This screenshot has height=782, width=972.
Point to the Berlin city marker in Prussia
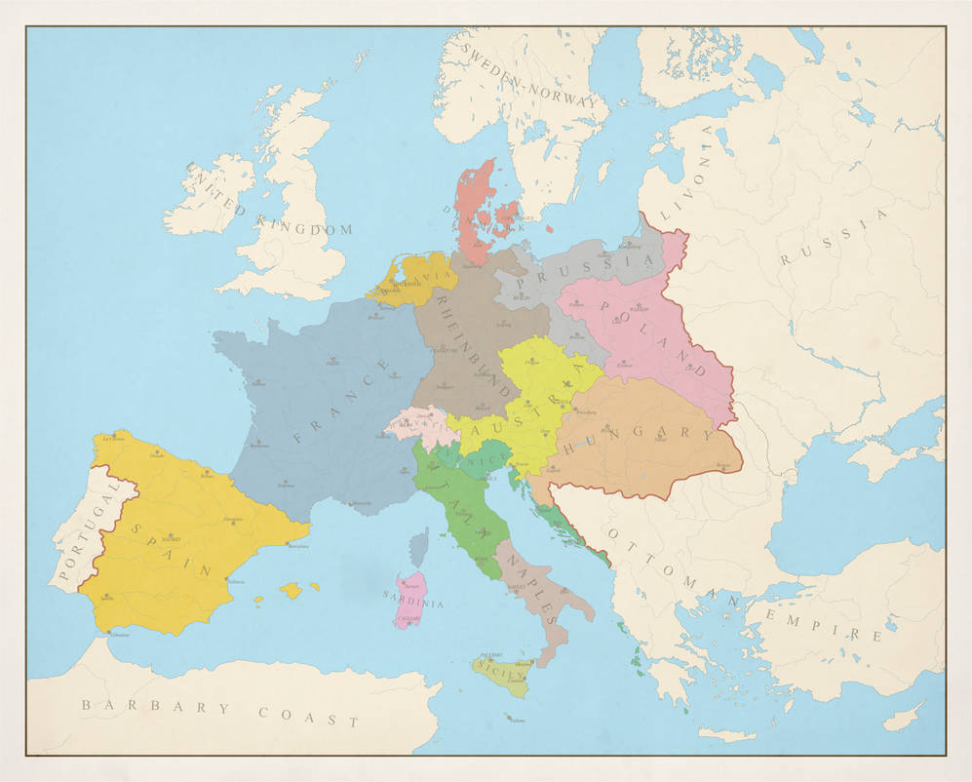tap(523, 291)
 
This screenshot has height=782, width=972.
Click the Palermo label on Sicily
tap(490, 655)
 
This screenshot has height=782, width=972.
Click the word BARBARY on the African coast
tap(146, 705)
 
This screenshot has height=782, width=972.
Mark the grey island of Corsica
tap(419, 549)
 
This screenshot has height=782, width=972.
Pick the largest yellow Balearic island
tap(291, 590)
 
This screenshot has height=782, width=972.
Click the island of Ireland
tap(207, 198)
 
